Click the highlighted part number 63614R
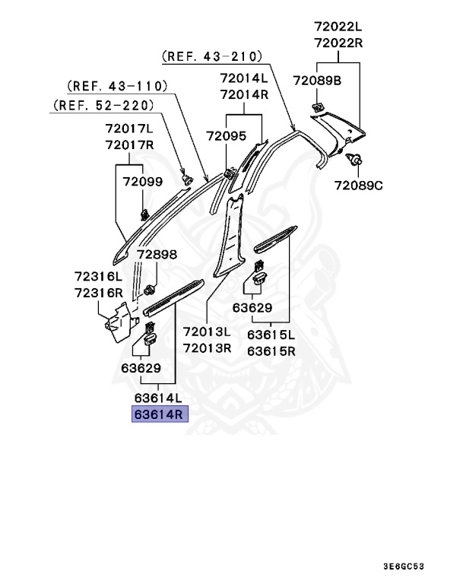click(160, 414)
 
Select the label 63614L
click(158, 398)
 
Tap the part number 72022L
click(338, 27)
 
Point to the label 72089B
click(317, 81)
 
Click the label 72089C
click(358, 185)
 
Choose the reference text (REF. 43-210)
click(212, 56)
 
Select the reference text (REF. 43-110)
click(117, 86)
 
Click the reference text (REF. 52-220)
click(103, 105)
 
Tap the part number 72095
click(227, 136)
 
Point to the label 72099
click(143, 182)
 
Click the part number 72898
click(157, 255)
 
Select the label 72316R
click(99, 293)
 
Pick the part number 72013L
click(207, 331)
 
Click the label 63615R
click(271, 351)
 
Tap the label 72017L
click(129, 129)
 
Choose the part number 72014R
click(244, 94)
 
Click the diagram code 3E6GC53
click(404, 567)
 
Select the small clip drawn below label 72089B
click(317, 108)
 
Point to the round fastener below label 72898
click(150, 290)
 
